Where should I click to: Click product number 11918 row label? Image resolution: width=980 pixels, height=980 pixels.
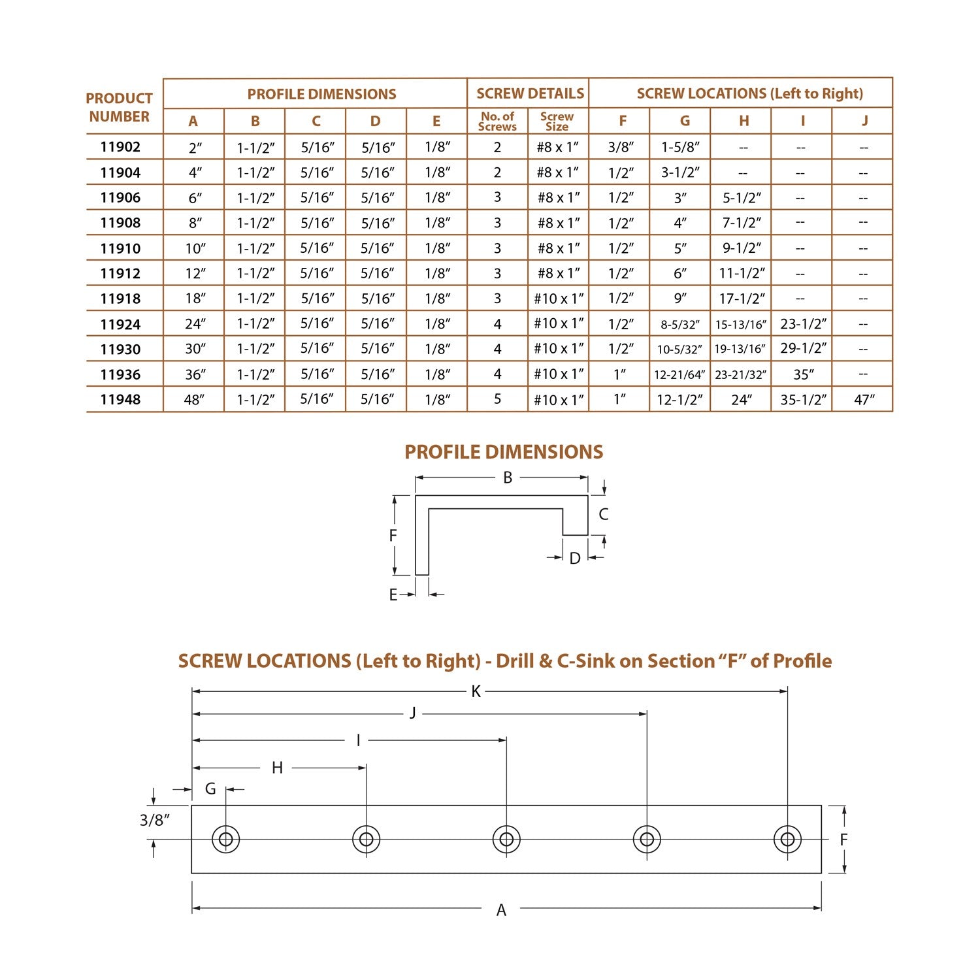tap(120, 299)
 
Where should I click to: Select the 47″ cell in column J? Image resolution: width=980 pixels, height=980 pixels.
tap(864, 399)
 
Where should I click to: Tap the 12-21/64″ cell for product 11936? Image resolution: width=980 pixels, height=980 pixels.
tap(679, 374)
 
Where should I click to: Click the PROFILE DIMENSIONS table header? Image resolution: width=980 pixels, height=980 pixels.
tap(321, 93)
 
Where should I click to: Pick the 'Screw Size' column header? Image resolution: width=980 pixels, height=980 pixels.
tap(557, 121)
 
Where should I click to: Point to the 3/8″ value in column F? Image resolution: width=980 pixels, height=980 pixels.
tap(620, 147)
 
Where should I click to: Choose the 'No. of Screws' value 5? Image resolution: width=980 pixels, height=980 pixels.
tap(497, 399)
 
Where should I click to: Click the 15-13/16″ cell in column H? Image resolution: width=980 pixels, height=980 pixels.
tap(740, 324)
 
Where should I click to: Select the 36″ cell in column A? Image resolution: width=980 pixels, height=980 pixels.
tap(195, 374)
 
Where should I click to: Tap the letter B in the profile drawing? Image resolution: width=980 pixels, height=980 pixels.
tap(508, 478)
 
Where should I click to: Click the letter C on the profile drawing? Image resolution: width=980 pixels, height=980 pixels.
tap(603, 514)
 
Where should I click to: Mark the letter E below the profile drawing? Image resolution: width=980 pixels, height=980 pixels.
tap(393, 595)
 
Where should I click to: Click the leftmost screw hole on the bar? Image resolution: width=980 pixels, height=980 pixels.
tap(225, 839)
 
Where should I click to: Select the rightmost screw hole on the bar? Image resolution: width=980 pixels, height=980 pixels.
tap(787, 839)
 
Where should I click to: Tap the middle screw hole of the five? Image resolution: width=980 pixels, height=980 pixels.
tap(506, 839)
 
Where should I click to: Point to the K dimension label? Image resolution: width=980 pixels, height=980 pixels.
tap(476, 691)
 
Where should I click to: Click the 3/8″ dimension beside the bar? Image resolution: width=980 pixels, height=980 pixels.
tap(155, 820)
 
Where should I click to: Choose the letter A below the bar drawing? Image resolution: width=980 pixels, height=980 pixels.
tap(501, 909)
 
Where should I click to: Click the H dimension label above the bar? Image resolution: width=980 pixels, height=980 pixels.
tap(277, 768)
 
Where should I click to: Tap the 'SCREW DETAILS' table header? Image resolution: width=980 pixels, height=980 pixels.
tap(529, 93)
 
